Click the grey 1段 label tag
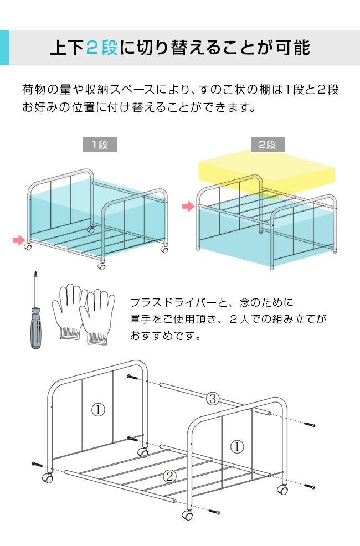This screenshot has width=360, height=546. pos(100,145)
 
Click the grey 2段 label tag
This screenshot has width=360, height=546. pos(267,145)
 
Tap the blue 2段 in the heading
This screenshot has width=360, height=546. pos(102,48)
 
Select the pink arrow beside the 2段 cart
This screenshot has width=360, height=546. pos(189,207)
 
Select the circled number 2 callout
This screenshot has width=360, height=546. pos(170,475)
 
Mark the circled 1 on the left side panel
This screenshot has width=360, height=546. pos(97,410)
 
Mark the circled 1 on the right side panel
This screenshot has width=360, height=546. pos(236,446)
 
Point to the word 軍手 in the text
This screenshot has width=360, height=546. pos(138,320)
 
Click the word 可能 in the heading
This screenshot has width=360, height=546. pos(291,48)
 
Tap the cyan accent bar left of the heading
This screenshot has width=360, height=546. pos(4,48)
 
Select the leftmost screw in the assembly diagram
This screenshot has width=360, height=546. pos(37,463)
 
